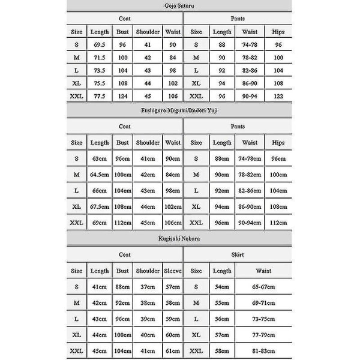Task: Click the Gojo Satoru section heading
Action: [x=181, y=5]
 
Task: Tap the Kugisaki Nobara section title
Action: [x=181, y=239]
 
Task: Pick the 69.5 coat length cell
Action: [x=100, y=45]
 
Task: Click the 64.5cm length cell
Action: [x=100, y=175]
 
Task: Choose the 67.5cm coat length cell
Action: [x=100, y=206]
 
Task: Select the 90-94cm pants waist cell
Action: [x=251, y=221]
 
